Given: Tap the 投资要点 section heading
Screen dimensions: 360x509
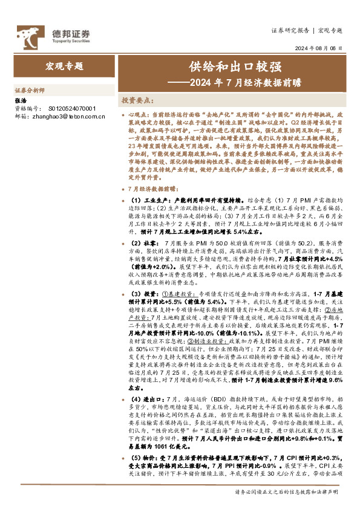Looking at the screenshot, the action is pos(139,100).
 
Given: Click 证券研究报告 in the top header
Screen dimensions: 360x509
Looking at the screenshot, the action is pos(290,30).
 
